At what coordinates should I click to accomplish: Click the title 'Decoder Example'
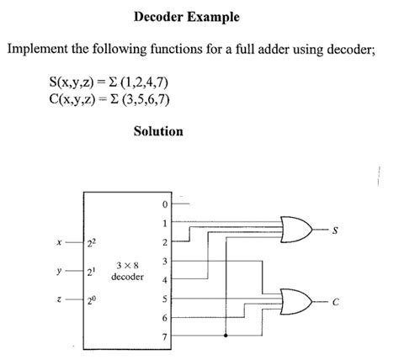pos(186,17)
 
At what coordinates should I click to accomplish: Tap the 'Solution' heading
pos(158,131)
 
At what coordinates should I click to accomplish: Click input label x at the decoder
pos(58,243)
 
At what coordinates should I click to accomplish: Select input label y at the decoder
pos(58,272)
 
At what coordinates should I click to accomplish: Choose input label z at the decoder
pos(58,300)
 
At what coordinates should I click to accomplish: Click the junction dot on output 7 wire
pos(226,336)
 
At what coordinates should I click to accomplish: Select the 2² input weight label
pos(92,243)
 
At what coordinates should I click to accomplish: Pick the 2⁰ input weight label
pos(92,300)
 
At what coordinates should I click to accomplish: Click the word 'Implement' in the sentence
pos(35,50)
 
